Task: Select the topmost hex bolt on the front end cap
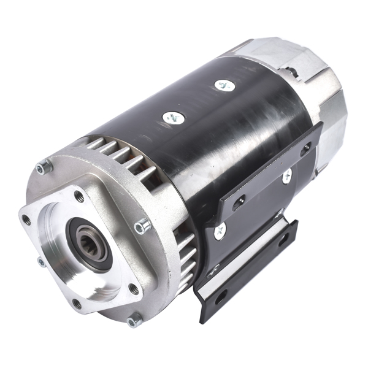tap(42, 166)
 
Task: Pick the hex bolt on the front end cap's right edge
tap(141, 226)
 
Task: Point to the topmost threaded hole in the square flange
tap(79, 196)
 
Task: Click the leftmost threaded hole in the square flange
tap(26, 220)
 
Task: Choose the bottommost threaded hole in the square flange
tap(76, 303)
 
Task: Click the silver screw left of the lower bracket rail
tap(219, 231)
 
